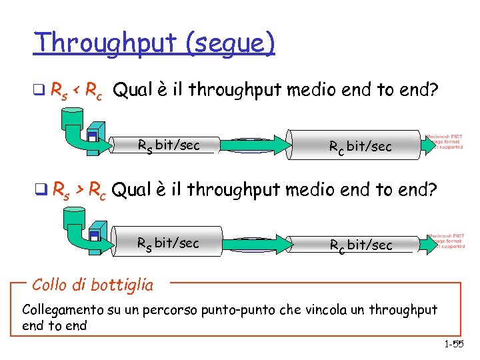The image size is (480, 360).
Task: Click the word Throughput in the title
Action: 97,43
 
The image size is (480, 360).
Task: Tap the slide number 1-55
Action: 453,344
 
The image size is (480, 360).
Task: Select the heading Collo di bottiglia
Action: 92,285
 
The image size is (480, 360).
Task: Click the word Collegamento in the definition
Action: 62,310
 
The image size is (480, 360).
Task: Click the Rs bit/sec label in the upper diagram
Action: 168,145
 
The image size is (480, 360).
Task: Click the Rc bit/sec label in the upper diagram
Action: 361,146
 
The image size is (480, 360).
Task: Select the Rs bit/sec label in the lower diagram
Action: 167,243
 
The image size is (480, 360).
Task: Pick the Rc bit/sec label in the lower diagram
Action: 361,245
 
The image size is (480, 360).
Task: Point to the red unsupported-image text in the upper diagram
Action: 445,141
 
